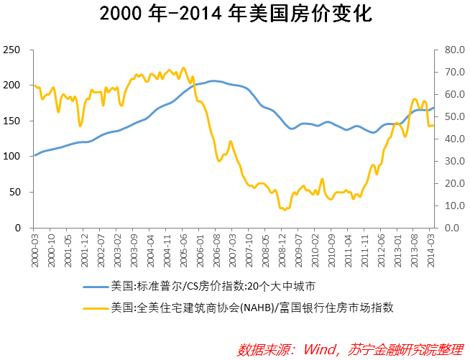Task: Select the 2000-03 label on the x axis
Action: [x=34, y=246]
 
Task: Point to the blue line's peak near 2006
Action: [x=213, y=80]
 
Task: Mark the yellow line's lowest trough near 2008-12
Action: [x=285, y=209]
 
